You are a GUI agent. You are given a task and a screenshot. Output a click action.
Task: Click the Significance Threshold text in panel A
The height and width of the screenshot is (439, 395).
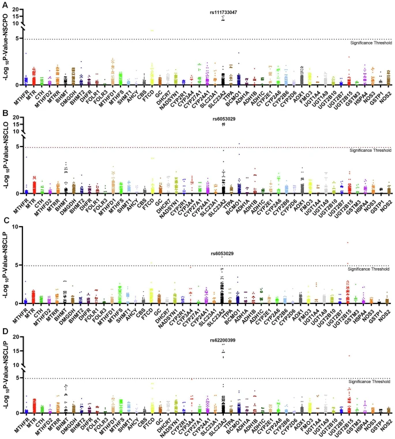(371, 44)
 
